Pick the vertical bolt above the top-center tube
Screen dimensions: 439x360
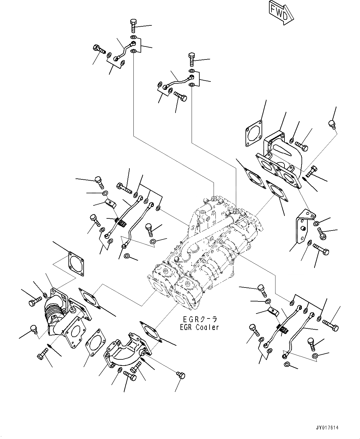pyautogui.click(x=191, y=59)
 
